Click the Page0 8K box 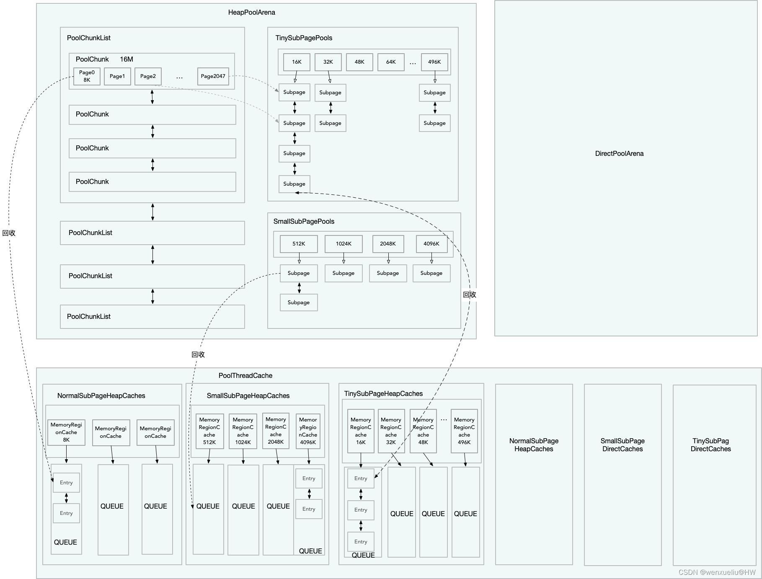[87, 76]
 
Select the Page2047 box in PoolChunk [213, 76]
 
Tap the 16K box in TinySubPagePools [297, 62]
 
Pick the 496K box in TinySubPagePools [434, 62]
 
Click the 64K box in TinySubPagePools [391, 62]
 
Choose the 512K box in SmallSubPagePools [299, 244]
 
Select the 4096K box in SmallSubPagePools [431, 244]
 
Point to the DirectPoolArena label [619, 154]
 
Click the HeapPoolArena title [251, 13]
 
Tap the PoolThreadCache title [245, 376]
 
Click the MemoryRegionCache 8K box [66, 432]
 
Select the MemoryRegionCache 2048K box [276, 431]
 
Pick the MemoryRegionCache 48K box [423, 431]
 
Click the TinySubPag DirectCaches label [710, 445]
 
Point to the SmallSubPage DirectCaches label [623, 445]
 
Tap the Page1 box [117, 76]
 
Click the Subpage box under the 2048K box [388, 273]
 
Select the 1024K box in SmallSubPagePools [344, 244]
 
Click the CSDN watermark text [717, 572]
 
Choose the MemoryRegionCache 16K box [361, 431]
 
